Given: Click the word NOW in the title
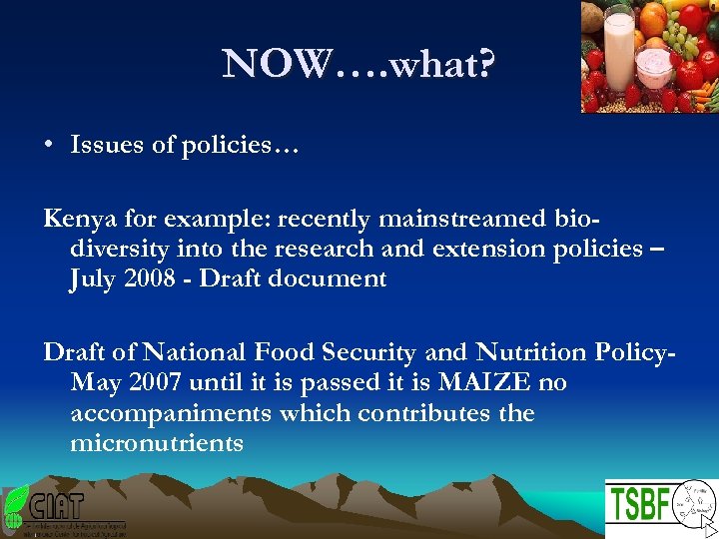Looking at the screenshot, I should click(x=275, y=65).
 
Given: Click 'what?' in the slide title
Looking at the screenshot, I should click(x=442, y=65).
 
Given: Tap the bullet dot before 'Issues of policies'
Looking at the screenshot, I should click(x=48, y=145).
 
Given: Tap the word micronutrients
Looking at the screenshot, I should click(x=157, y=442).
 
